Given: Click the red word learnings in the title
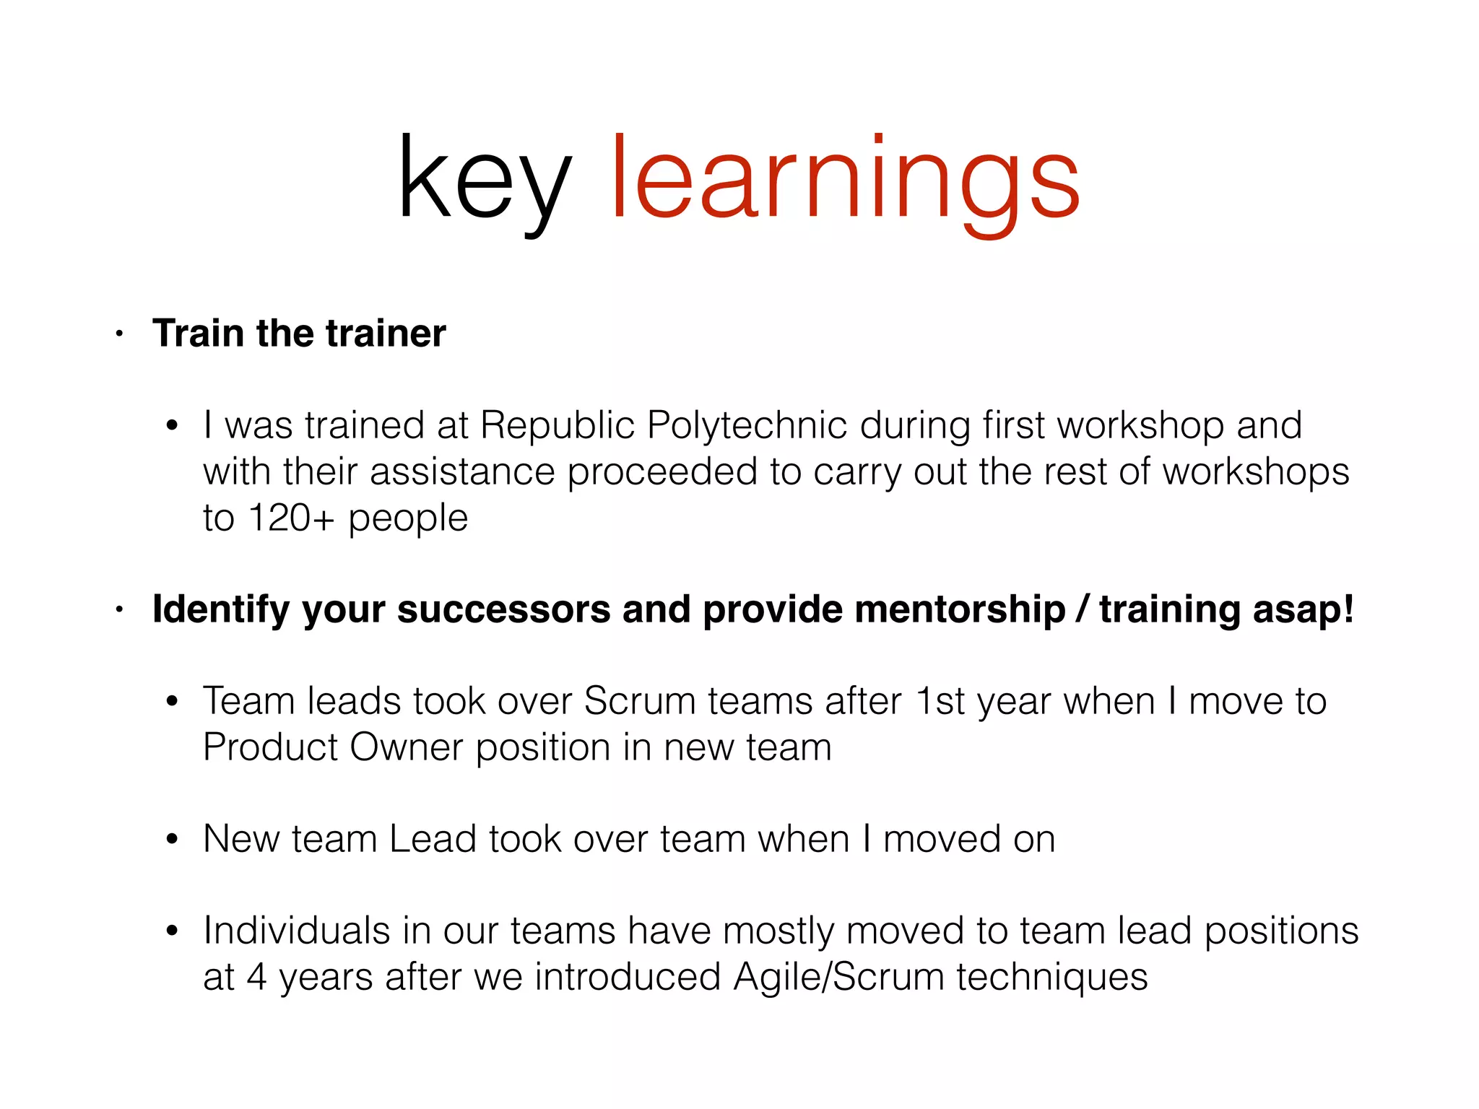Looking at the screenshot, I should tap(845, 181).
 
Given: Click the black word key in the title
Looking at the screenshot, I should tap(484, 181).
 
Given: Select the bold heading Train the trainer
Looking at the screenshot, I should tap(299, 334).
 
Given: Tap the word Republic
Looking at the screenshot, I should tap(557, 425).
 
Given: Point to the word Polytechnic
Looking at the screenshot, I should tap(747, 425).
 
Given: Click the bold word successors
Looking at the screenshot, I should tap(504, 609).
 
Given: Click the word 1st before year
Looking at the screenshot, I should tap(940, 701).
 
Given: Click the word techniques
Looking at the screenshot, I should tap(1052, 977).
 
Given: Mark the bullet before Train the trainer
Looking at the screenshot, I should tap(120, 334).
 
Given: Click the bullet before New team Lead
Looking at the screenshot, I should tap(172, 840).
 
